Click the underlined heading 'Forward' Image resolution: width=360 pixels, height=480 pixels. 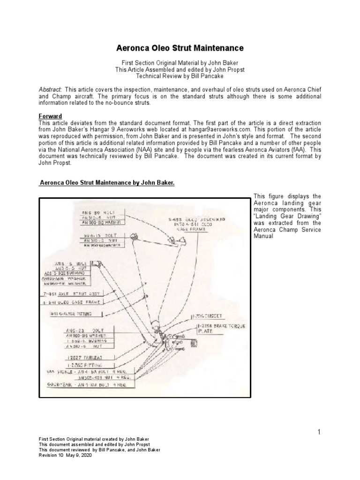pos(50,116)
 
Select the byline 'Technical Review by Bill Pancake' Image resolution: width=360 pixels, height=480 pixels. pos(180,76)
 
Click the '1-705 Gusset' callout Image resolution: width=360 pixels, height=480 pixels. pos(206,316)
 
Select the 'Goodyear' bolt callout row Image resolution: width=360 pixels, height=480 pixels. pos(89,384)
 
